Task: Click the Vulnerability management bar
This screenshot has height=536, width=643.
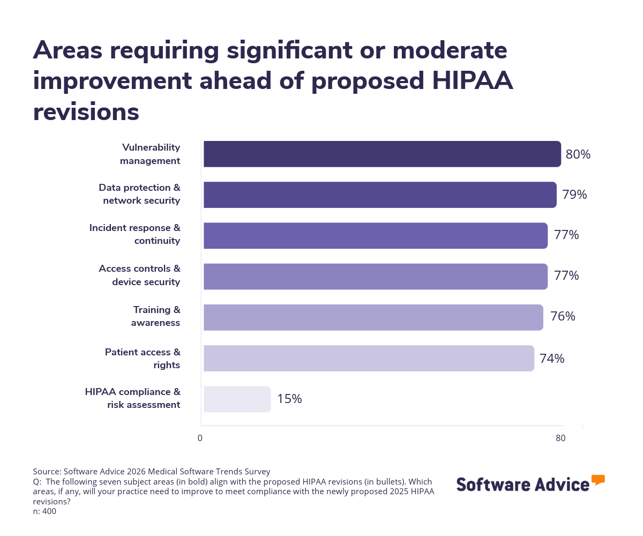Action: [x=382, y=154]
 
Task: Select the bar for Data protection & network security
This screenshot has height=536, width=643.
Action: [x=380, y=195]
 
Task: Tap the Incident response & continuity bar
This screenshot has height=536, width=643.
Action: [x=375, y=236]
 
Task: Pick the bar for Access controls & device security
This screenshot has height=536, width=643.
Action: [x=375, y=277]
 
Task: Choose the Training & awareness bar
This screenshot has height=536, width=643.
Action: [x=373, y=317]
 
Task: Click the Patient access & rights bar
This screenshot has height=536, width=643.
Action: [x=369, y=358]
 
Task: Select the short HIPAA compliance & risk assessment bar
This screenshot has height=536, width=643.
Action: [x=237, y=399]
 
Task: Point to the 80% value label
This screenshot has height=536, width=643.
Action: [x=578, y=155]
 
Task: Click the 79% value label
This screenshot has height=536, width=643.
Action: [x=574, y=195]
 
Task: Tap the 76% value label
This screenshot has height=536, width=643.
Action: [x=563, y=317]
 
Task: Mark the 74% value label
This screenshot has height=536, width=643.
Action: [x=552, y=359]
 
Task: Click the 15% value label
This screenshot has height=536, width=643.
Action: [x=289, y=399]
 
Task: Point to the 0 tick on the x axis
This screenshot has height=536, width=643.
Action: [x=200, y=438]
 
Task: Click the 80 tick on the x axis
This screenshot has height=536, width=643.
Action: [x=560, y=438]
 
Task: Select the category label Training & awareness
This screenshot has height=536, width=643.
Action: [x=156, y=316]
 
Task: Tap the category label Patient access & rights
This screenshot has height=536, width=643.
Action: [x=143, y=359]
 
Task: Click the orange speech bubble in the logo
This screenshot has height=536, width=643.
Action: [x=598, y=480]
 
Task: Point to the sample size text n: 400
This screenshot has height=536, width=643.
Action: [x=44, y=511]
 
